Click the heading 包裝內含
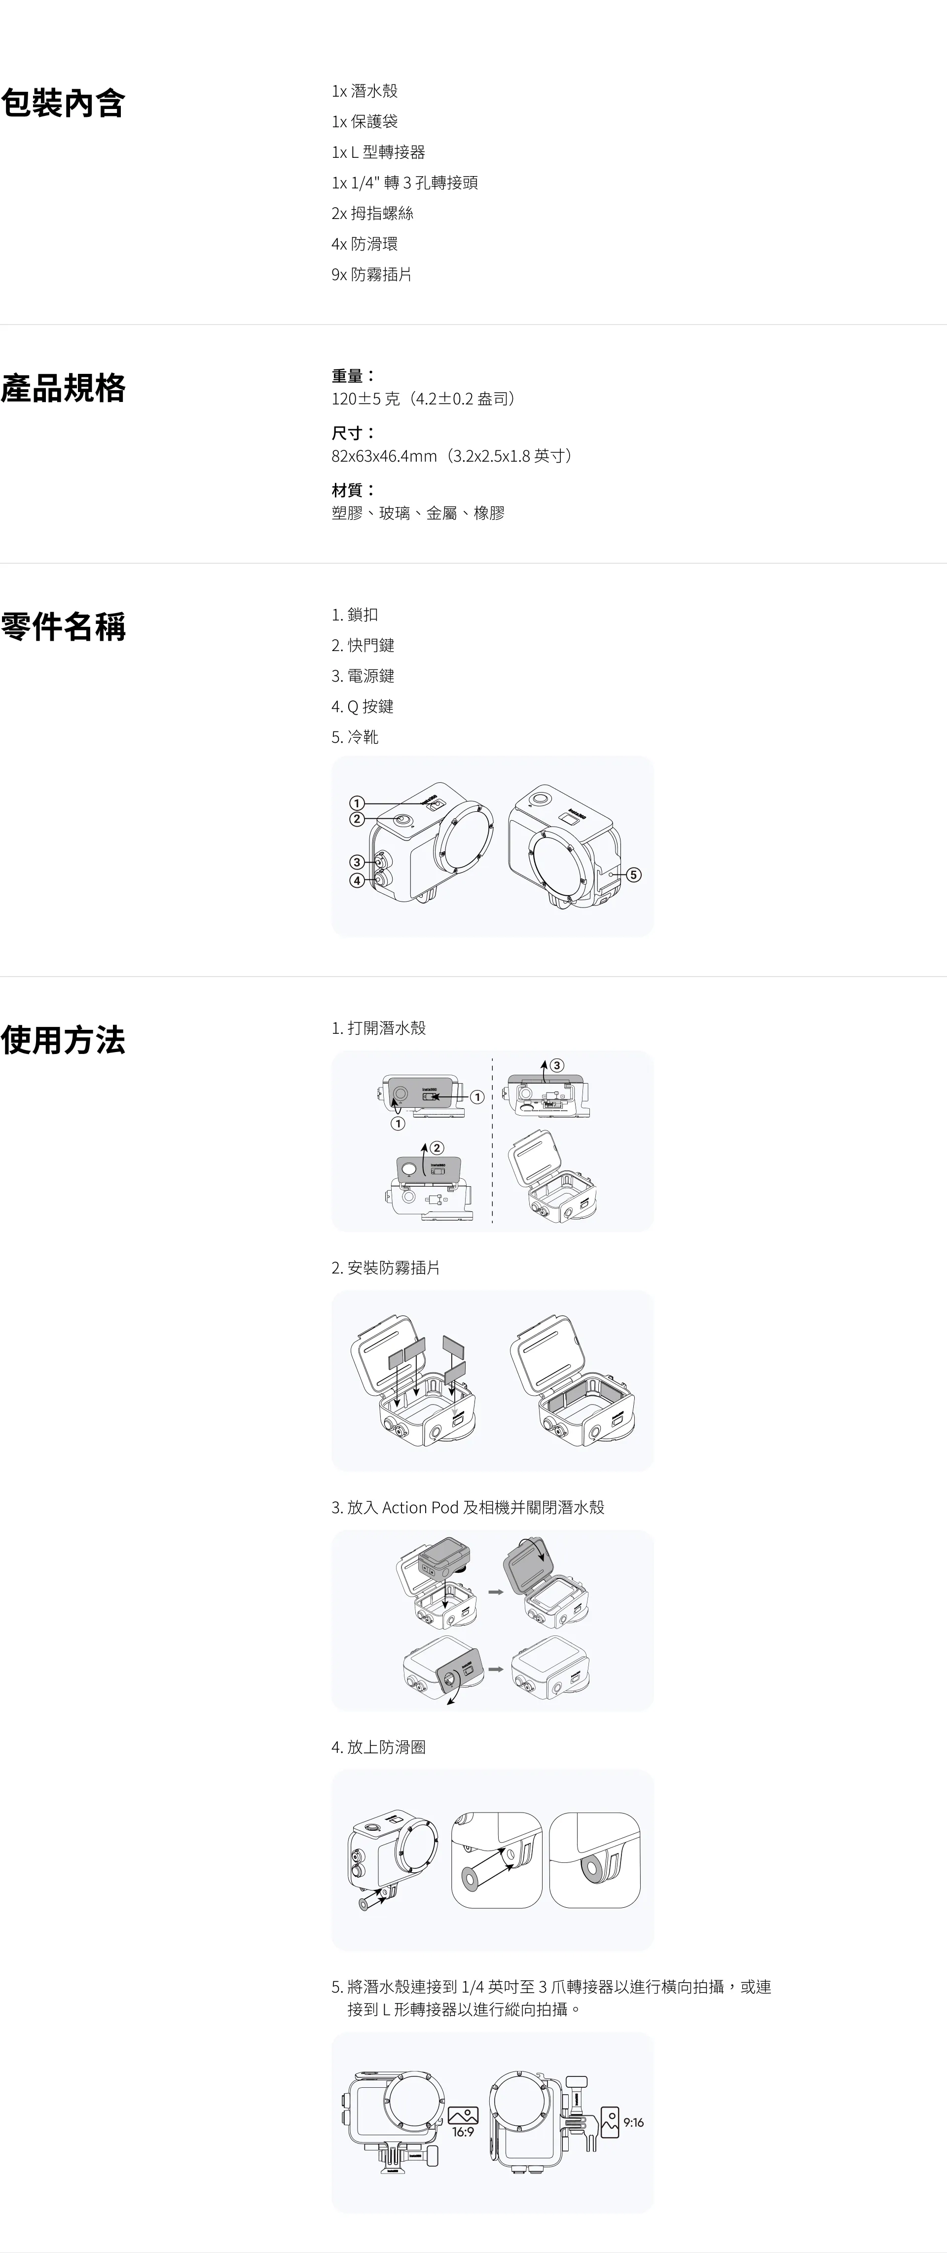tap(63, 103)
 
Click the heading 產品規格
tap(63, 388)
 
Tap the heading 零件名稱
tap(63, 627)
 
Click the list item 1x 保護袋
tap(364, 121)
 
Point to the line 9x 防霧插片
tap(371, 275)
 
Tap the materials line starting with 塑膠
tap(418, 513)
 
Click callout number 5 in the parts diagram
tap(634, 874)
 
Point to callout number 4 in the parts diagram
tap(357, 881)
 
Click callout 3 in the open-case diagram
tap(556, 1065)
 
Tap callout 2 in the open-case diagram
tap(437, 1148)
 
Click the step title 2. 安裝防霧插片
tap(386, 1268)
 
